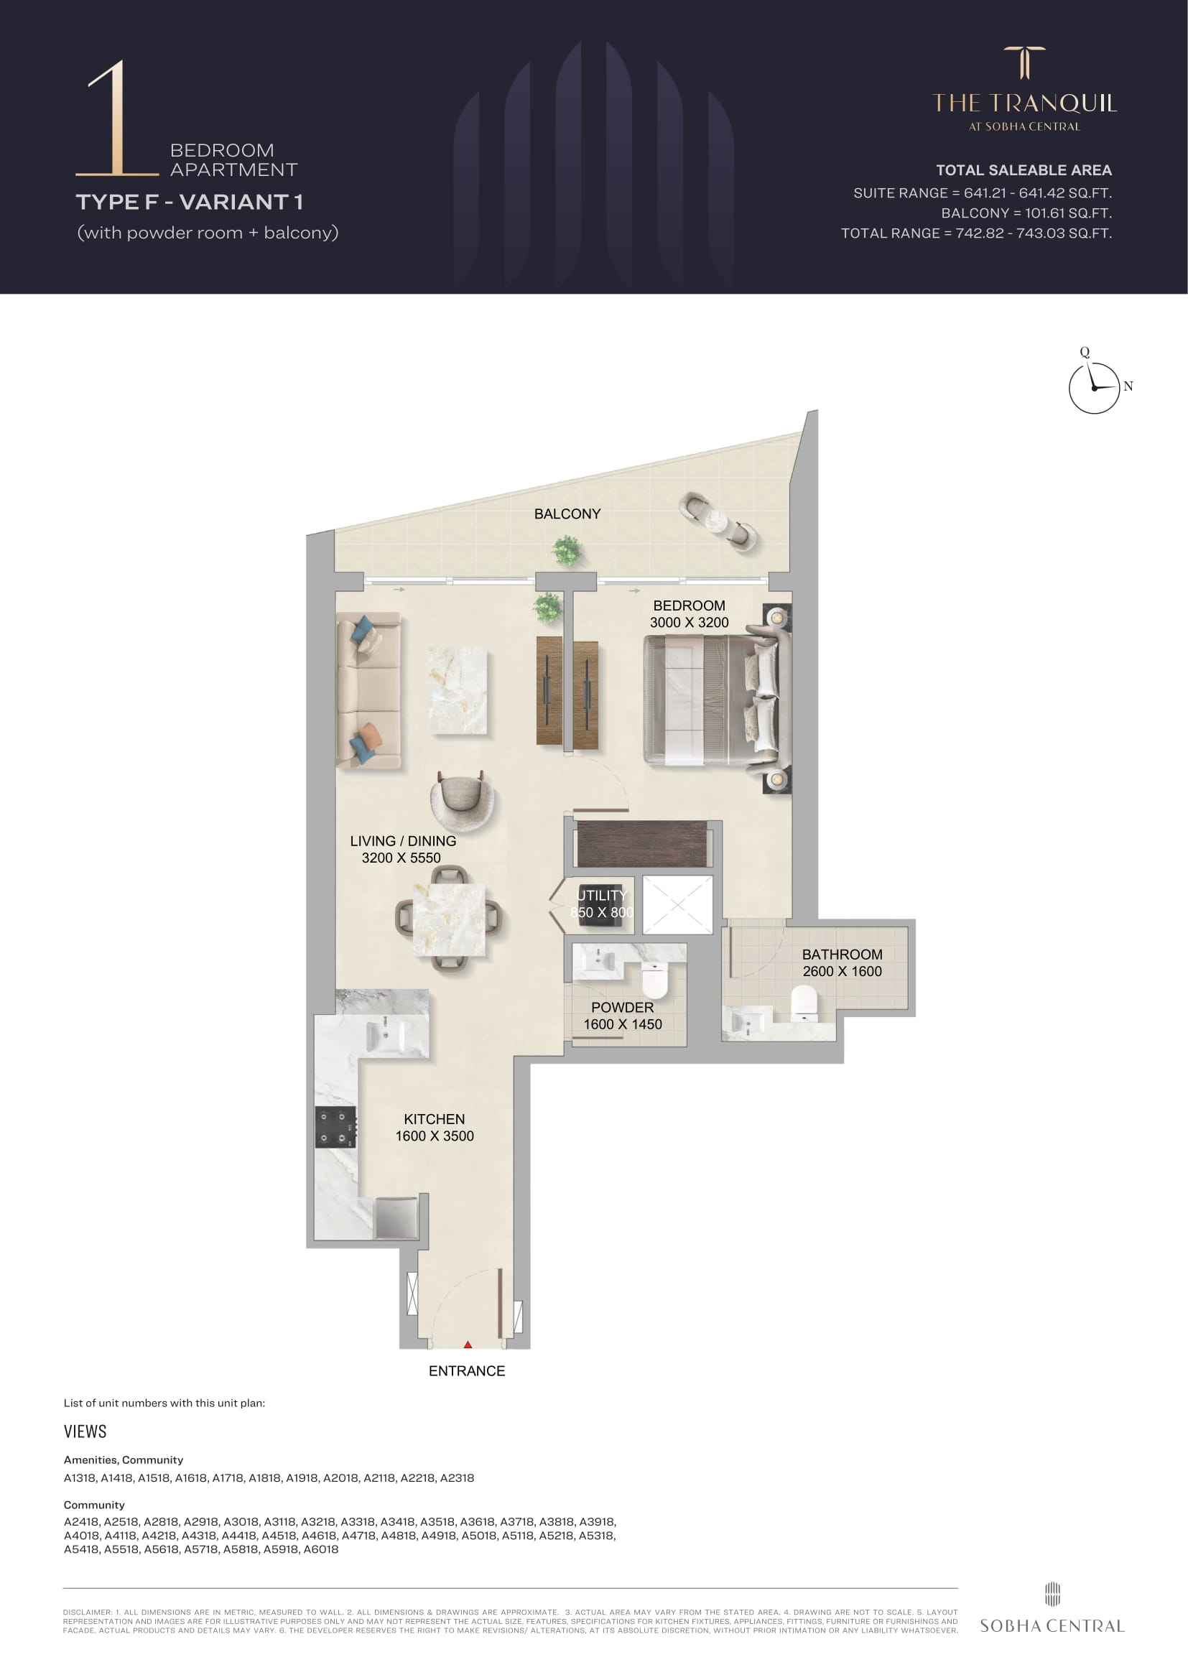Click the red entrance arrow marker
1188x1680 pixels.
468,1344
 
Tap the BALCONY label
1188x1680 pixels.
567,514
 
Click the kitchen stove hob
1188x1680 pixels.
335,1128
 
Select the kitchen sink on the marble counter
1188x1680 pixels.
385,1036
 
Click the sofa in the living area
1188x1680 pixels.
368,690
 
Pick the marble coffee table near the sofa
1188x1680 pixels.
458,690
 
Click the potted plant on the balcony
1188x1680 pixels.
567,549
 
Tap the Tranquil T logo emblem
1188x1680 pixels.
1024,62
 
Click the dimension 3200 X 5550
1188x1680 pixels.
401,858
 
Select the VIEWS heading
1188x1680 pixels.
85,1431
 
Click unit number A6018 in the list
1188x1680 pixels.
320,1549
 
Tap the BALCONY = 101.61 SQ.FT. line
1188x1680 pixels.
1026,213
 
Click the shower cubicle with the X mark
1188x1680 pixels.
677,904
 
